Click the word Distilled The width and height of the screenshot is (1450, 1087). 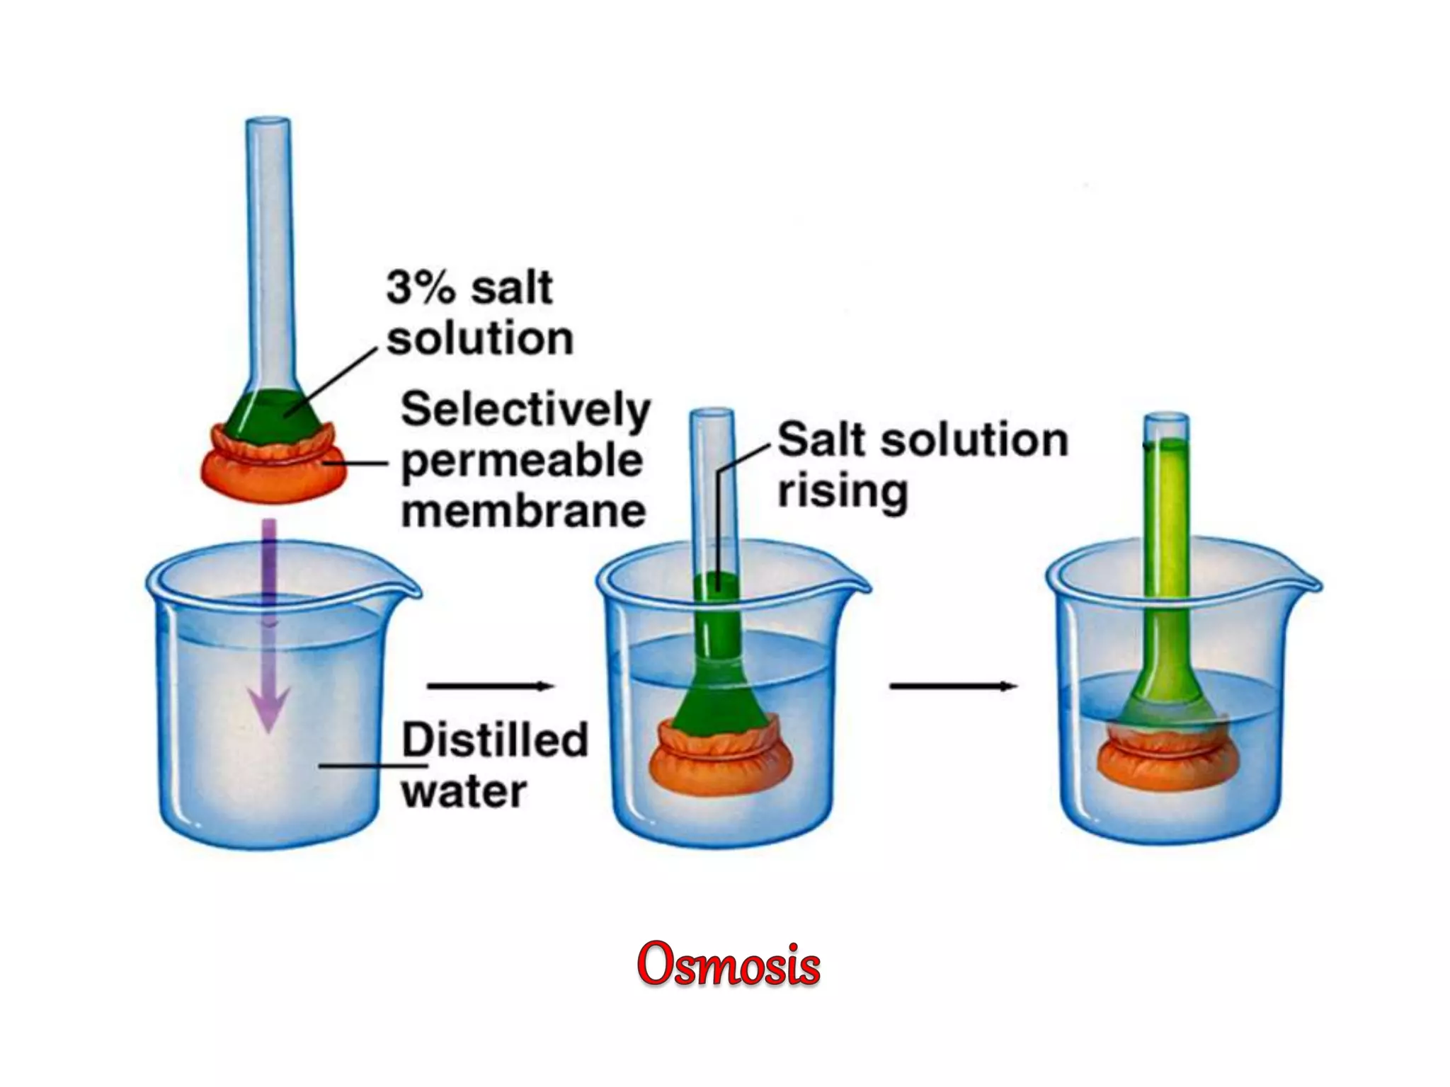coord(495,740)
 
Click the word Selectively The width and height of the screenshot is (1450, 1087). coord(525,411)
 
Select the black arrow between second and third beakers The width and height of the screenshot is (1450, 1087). coord(953,686)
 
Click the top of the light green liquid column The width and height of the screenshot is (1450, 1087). coord(1167,444)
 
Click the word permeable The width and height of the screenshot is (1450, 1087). coord(523,461)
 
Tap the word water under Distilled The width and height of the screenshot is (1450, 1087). coord(464,791)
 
